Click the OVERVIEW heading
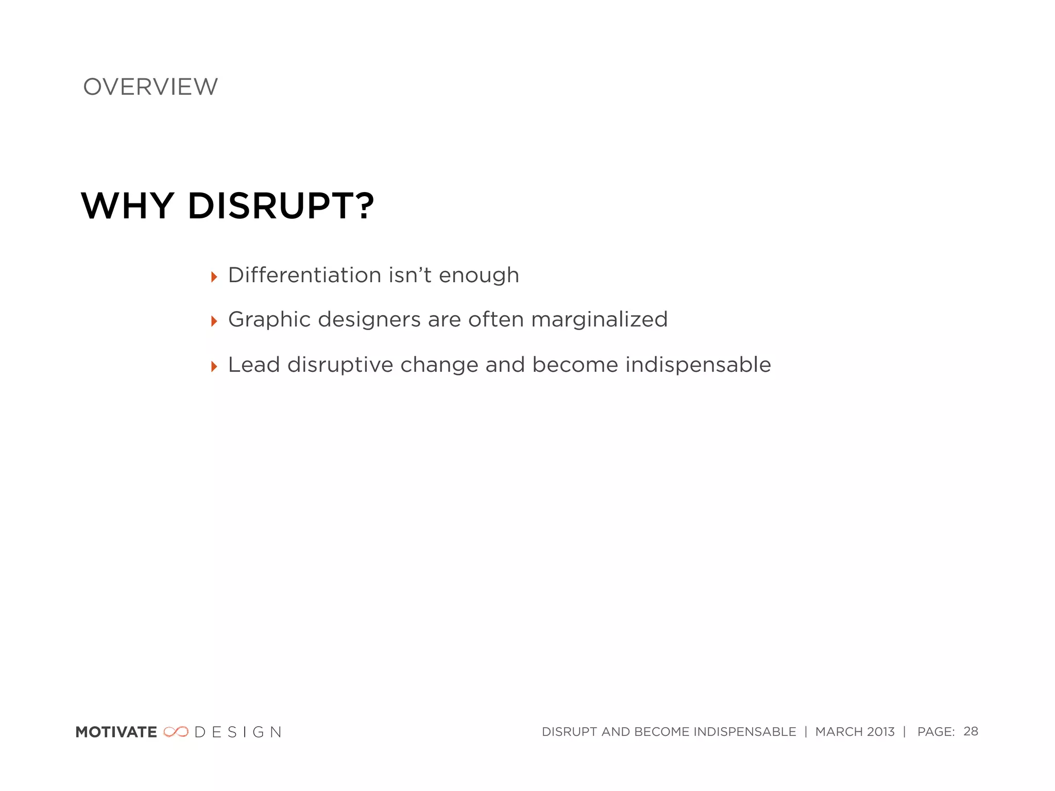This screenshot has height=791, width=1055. [x=150, y=87]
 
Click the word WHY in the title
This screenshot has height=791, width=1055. [x=127, y=206]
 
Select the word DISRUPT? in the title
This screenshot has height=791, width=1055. [x=281, y=206]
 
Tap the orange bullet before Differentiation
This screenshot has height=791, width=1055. [x=214, y=278]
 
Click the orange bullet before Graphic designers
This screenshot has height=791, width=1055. [x=214, y=322]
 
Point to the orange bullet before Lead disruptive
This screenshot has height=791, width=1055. [x=214, y=367]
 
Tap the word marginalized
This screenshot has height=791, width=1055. [x=599, y=320]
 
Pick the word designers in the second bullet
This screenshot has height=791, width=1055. [x=369, y=320]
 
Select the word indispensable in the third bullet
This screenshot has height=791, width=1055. [x=698, y=365]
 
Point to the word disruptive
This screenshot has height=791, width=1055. [x=340, y=365]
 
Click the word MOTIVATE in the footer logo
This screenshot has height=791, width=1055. [x=116, y=732]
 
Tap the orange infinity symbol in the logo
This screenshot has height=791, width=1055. [x=176, y=732]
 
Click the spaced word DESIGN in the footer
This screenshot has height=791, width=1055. [x=238, y=732]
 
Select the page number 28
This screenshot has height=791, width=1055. [x=971, y=731]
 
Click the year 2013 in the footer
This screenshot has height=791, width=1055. [x=881, y=732]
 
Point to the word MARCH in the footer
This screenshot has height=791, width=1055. [x=839, y=732]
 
